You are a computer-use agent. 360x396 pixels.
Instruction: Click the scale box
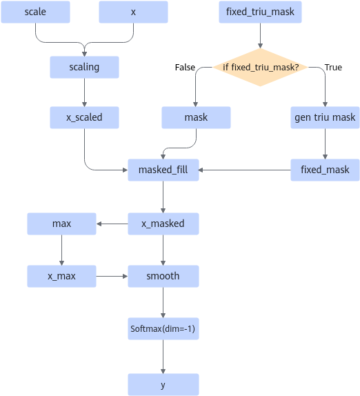35,12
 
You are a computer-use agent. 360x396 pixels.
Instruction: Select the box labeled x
133,12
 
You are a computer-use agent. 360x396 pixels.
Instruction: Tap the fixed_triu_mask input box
260,12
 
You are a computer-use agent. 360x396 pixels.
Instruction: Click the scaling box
84,67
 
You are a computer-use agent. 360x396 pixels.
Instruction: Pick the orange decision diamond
260,67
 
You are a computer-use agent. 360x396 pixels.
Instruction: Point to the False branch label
185,67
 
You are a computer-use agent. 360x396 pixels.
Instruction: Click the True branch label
333,67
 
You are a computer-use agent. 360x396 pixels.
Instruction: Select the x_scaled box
84,117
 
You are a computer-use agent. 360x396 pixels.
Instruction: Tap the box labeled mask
196,117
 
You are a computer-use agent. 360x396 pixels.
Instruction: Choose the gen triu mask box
325,117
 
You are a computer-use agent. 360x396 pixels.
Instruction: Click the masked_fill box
163,170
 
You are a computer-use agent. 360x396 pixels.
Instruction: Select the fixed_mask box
325,170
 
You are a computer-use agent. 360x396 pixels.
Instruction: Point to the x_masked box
163,224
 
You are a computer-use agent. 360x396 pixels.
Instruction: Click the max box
61,224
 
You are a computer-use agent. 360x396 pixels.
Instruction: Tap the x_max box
61,276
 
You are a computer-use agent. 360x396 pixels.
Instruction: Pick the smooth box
163,276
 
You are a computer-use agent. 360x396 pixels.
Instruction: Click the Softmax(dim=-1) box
163,329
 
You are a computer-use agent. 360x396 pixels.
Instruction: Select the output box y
163,385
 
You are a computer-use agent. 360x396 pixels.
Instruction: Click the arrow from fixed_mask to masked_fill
245,170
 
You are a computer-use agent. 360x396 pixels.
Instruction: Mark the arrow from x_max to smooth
112,276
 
